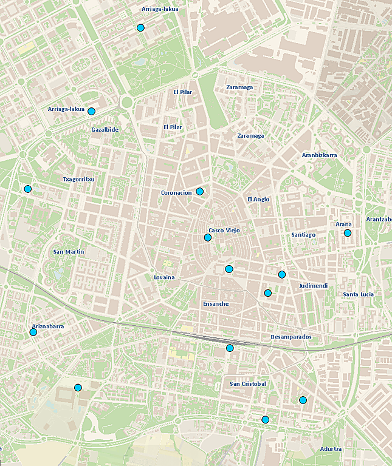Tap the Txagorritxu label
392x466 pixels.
point(79,179)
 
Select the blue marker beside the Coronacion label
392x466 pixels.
point(199,192)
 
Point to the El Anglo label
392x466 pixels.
point(258,199)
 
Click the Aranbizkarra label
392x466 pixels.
point(319,155)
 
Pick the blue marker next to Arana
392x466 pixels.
point(348,233)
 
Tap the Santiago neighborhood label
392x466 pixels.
point(303,235)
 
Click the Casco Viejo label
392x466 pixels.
point(225,231)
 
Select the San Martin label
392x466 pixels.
point(69,252)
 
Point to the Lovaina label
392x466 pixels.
point(164,277)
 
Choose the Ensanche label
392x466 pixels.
point(215,303)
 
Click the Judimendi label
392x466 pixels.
point(314,286)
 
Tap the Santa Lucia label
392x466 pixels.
point(358,294)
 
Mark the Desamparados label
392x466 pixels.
point(291,337)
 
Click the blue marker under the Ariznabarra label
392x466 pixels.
point(33,332)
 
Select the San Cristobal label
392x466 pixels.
point(248,384)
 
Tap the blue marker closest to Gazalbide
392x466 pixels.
point(91,111)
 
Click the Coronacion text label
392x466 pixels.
point(176,193)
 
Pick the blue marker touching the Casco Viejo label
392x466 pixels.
point(208,238)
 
